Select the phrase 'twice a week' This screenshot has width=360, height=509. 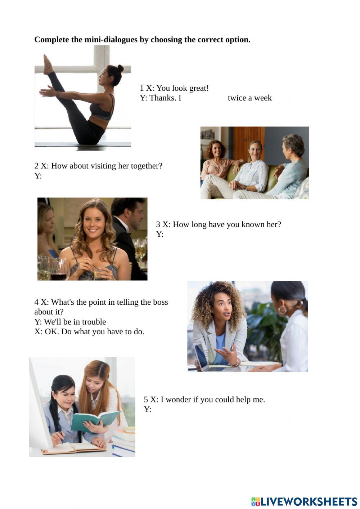click(x=249, y=98)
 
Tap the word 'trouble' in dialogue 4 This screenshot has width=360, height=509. click(x=94, y=322)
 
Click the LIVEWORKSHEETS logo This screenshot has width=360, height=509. click(x=304, y=501)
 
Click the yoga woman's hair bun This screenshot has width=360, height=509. click(x=120, y=68)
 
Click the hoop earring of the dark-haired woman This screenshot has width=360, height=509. click(x=282, y=309)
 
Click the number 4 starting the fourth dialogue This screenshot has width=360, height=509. click(x=36, y=302)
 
